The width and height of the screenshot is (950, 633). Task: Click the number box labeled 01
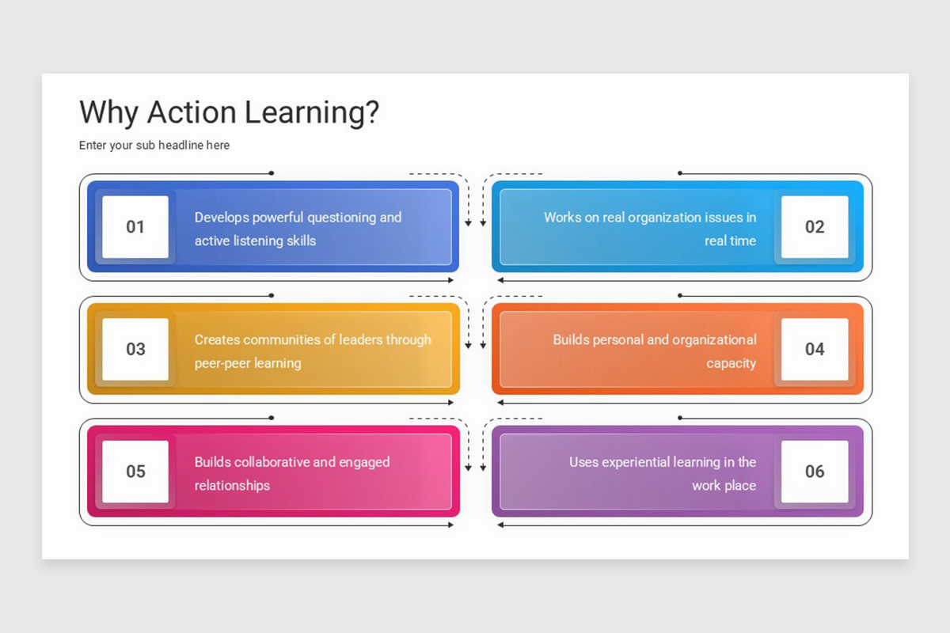pyautogui.click(x=135, y=227)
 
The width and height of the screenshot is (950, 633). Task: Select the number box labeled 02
pyautogui.click(x=815, y=227)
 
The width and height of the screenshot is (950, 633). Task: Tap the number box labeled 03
pyautogui.click(x=135, y=349)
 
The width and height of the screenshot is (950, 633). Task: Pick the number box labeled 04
pyautogui.click(x=815, y=349)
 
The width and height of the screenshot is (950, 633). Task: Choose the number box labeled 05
pyautogui.click(x=135, y=472)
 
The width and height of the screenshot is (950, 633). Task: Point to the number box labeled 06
pyautogui.click(x=815, y=472)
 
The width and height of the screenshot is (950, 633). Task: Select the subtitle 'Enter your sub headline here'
pyautogui.click(x=154, y=146)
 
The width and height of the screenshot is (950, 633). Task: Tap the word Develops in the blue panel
pyautogui.click(x=222, y=218)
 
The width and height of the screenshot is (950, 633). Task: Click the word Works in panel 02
pyautogui.click(x=562, y=217)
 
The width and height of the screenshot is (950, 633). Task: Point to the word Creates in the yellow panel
pyautogui.click(x=217, y=339)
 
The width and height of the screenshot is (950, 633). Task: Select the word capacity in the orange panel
pyautogui.click(x=731, y=364)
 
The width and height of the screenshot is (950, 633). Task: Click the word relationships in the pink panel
pyautogui.click(x=232, y=485)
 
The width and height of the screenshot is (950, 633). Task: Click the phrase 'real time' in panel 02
pyautogui.click(x=731, y=241)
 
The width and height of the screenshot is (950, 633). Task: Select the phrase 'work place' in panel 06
pyautogui.click(x=724, y=485)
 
